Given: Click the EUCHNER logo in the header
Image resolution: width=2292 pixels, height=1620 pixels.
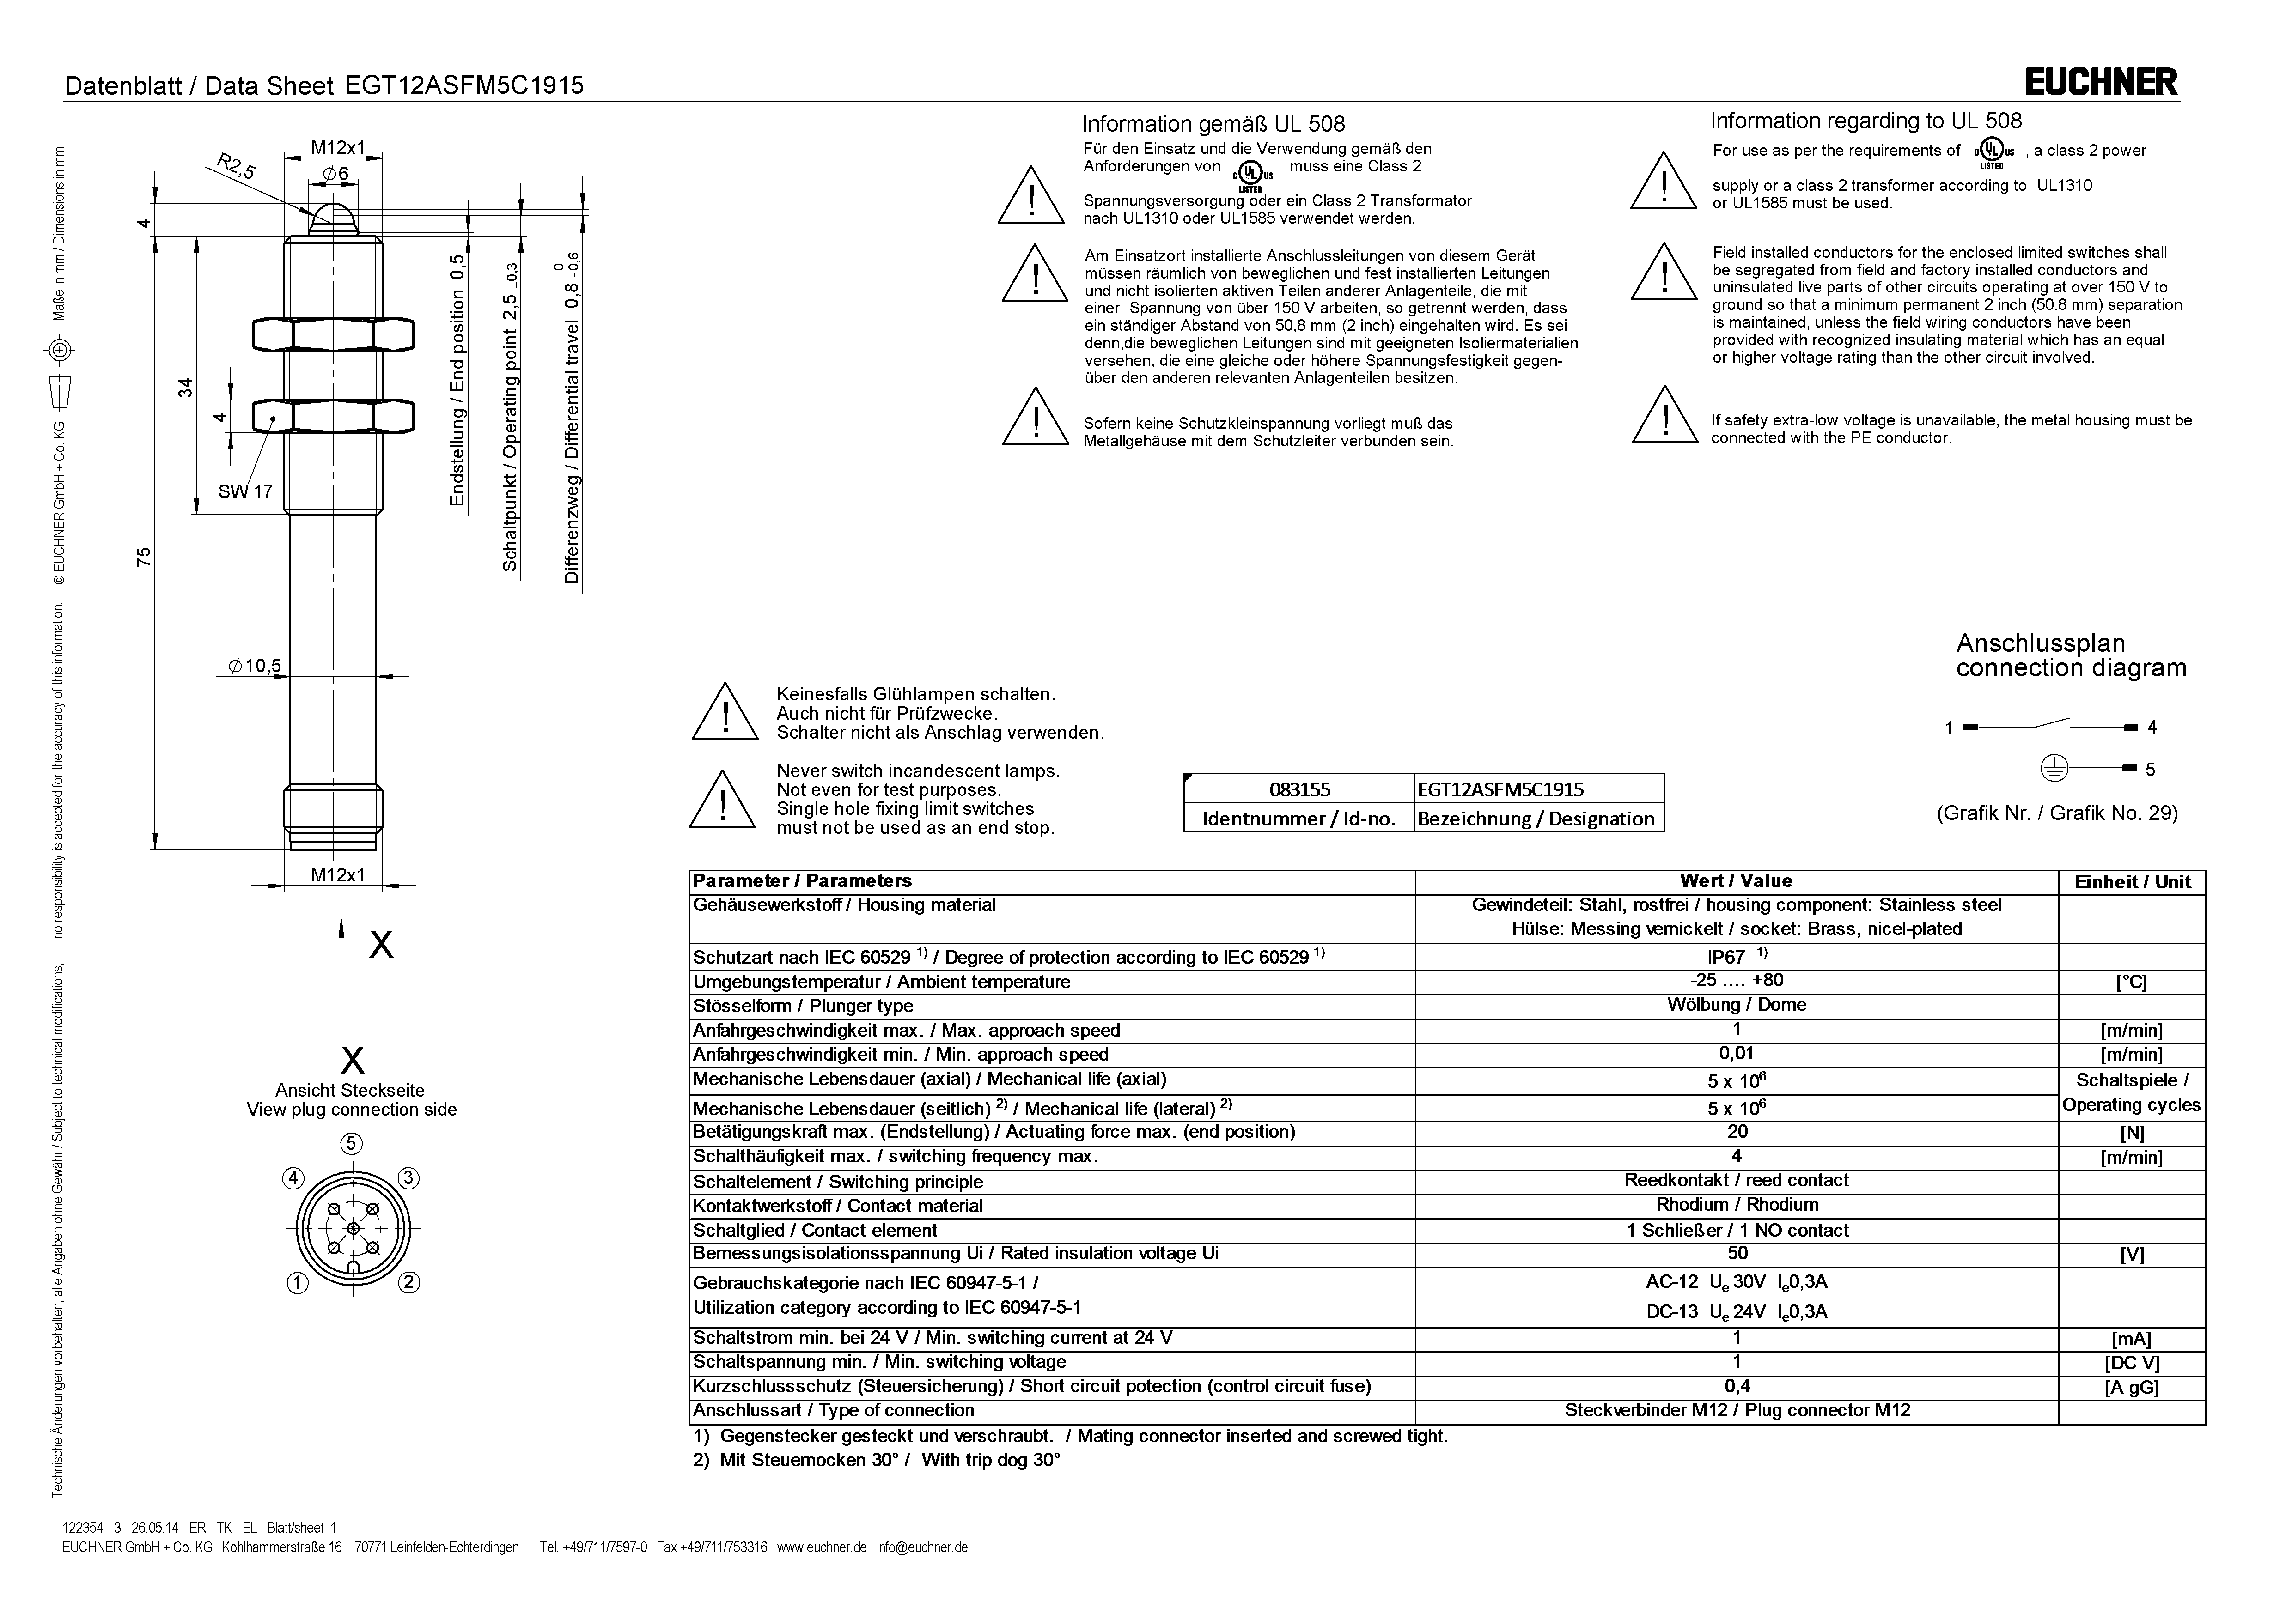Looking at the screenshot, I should coord(2100,82).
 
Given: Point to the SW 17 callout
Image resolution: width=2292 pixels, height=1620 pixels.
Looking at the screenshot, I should coord(244,491).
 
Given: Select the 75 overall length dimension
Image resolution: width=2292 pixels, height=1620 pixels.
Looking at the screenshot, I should coord(144,556).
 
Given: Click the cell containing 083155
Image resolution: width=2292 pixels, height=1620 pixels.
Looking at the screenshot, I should coord(1299,789).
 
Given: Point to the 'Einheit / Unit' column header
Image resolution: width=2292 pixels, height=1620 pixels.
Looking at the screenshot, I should coord(2132,881).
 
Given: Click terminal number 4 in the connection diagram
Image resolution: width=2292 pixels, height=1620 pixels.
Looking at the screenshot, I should coord(2151,728).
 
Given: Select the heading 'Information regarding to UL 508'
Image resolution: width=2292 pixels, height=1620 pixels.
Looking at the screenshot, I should coord(1866,121).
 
